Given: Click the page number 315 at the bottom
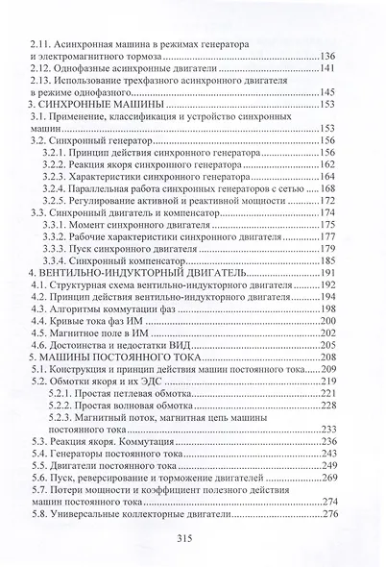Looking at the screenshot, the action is click(193, 538).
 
